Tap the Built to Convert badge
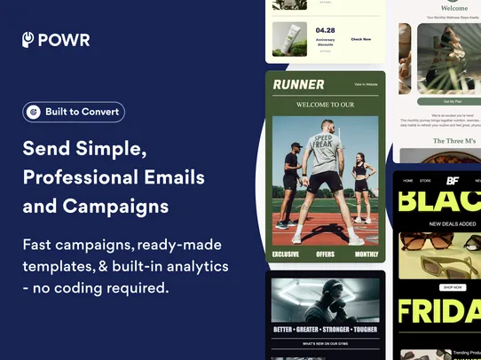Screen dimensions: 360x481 pyautogui.click(x=74, y=112)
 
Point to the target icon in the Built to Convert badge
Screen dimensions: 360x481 pyautogui.click(x=34, y=113)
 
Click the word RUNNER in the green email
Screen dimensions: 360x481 pyautogui.click(x=298, y=84)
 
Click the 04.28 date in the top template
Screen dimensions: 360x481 pyautogui.click(x=325, y=30)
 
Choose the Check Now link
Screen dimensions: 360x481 pyautogui.click(x=361, y=39)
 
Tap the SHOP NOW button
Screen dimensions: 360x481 pyautogui.click(x=453, y=287)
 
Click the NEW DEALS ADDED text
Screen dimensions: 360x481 pyautogui.click(x=452, y=224)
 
